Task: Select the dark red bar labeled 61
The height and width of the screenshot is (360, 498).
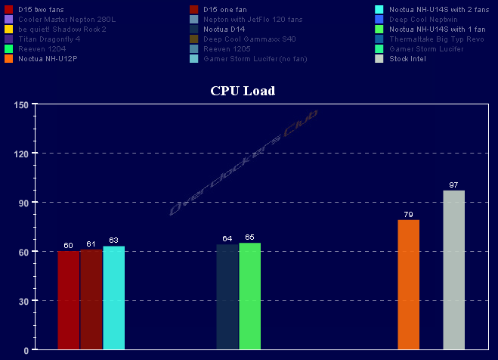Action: (x=91, y=299)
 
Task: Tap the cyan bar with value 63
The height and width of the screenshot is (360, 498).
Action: (x=113, y=298)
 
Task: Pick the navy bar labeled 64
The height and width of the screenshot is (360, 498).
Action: (x=227, y=297)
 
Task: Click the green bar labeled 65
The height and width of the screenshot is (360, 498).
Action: (x=249, y=296)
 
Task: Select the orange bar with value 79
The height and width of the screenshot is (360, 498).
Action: (x=408, y=285)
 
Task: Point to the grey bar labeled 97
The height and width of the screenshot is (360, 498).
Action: (x=453, y=270)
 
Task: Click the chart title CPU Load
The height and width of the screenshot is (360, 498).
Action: (x=242, y=92)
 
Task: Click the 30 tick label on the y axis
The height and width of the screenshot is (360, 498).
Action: (x=23, y=301)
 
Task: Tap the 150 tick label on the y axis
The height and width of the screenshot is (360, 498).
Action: (x=20, y=104)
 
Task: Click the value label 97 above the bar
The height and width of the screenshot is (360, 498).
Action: (x=453, y=185)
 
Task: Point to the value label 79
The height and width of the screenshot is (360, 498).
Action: (x=408, y=215)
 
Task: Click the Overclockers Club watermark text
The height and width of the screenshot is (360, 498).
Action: (x=243, y=164)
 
